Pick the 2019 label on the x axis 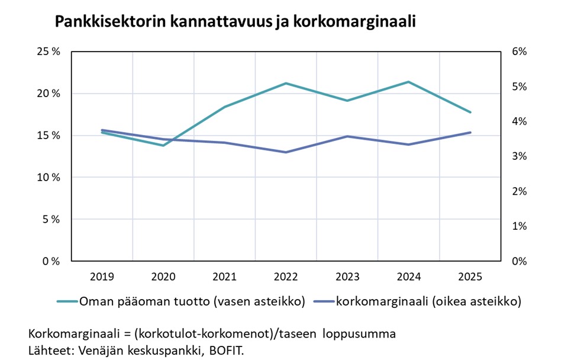pyautogui.click(x=102, y=277)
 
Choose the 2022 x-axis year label pyautogui.click(x=286, y=277)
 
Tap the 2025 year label pyautogui.click(x=470, y=277)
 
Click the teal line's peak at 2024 pyautogui.click(x=409, y=82)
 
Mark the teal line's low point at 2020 pyautogui.click(x=163, y=145)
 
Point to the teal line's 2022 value pyautogui.click(x=286, y=83)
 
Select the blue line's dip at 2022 pyautogui.click(x=286, y=152)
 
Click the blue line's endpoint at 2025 pyautogui.click(x=470, y=132)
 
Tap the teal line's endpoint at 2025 pyautogui.click(x=470, y=112)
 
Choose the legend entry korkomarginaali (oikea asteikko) pyautogui.click(x=428, y=301)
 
